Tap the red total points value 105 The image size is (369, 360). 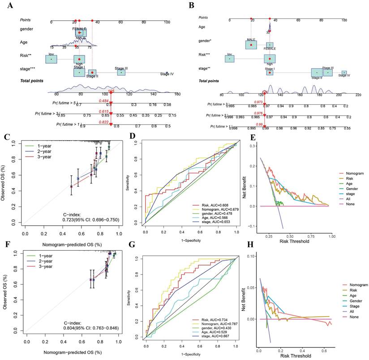click(x=111, y=91)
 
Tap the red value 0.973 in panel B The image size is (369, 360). click(x=258, y=102)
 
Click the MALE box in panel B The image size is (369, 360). click(x=251, y=45)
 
